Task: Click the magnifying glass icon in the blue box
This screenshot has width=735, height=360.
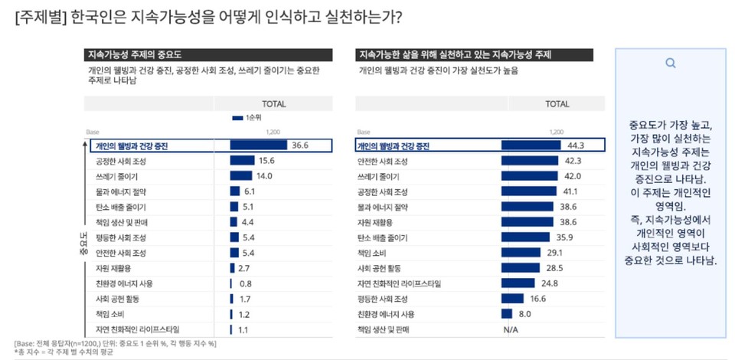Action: point(671,64)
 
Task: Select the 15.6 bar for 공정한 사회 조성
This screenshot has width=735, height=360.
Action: point(242,161)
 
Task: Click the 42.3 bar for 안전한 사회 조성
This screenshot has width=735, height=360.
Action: point(530,161)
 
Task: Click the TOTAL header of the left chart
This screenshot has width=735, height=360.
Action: point(274,103)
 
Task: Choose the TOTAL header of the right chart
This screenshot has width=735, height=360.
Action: point(557,103)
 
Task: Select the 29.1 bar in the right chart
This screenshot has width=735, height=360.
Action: point(521,252)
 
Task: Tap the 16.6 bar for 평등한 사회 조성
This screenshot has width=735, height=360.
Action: point(512,298)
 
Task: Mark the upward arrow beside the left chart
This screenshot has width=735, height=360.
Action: point(80,184)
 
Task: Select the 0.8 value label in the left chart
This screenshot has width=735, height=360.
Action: point(246,283)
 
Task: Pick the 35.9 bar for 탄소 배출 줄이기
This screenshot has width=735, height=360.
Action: point(527,237)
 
